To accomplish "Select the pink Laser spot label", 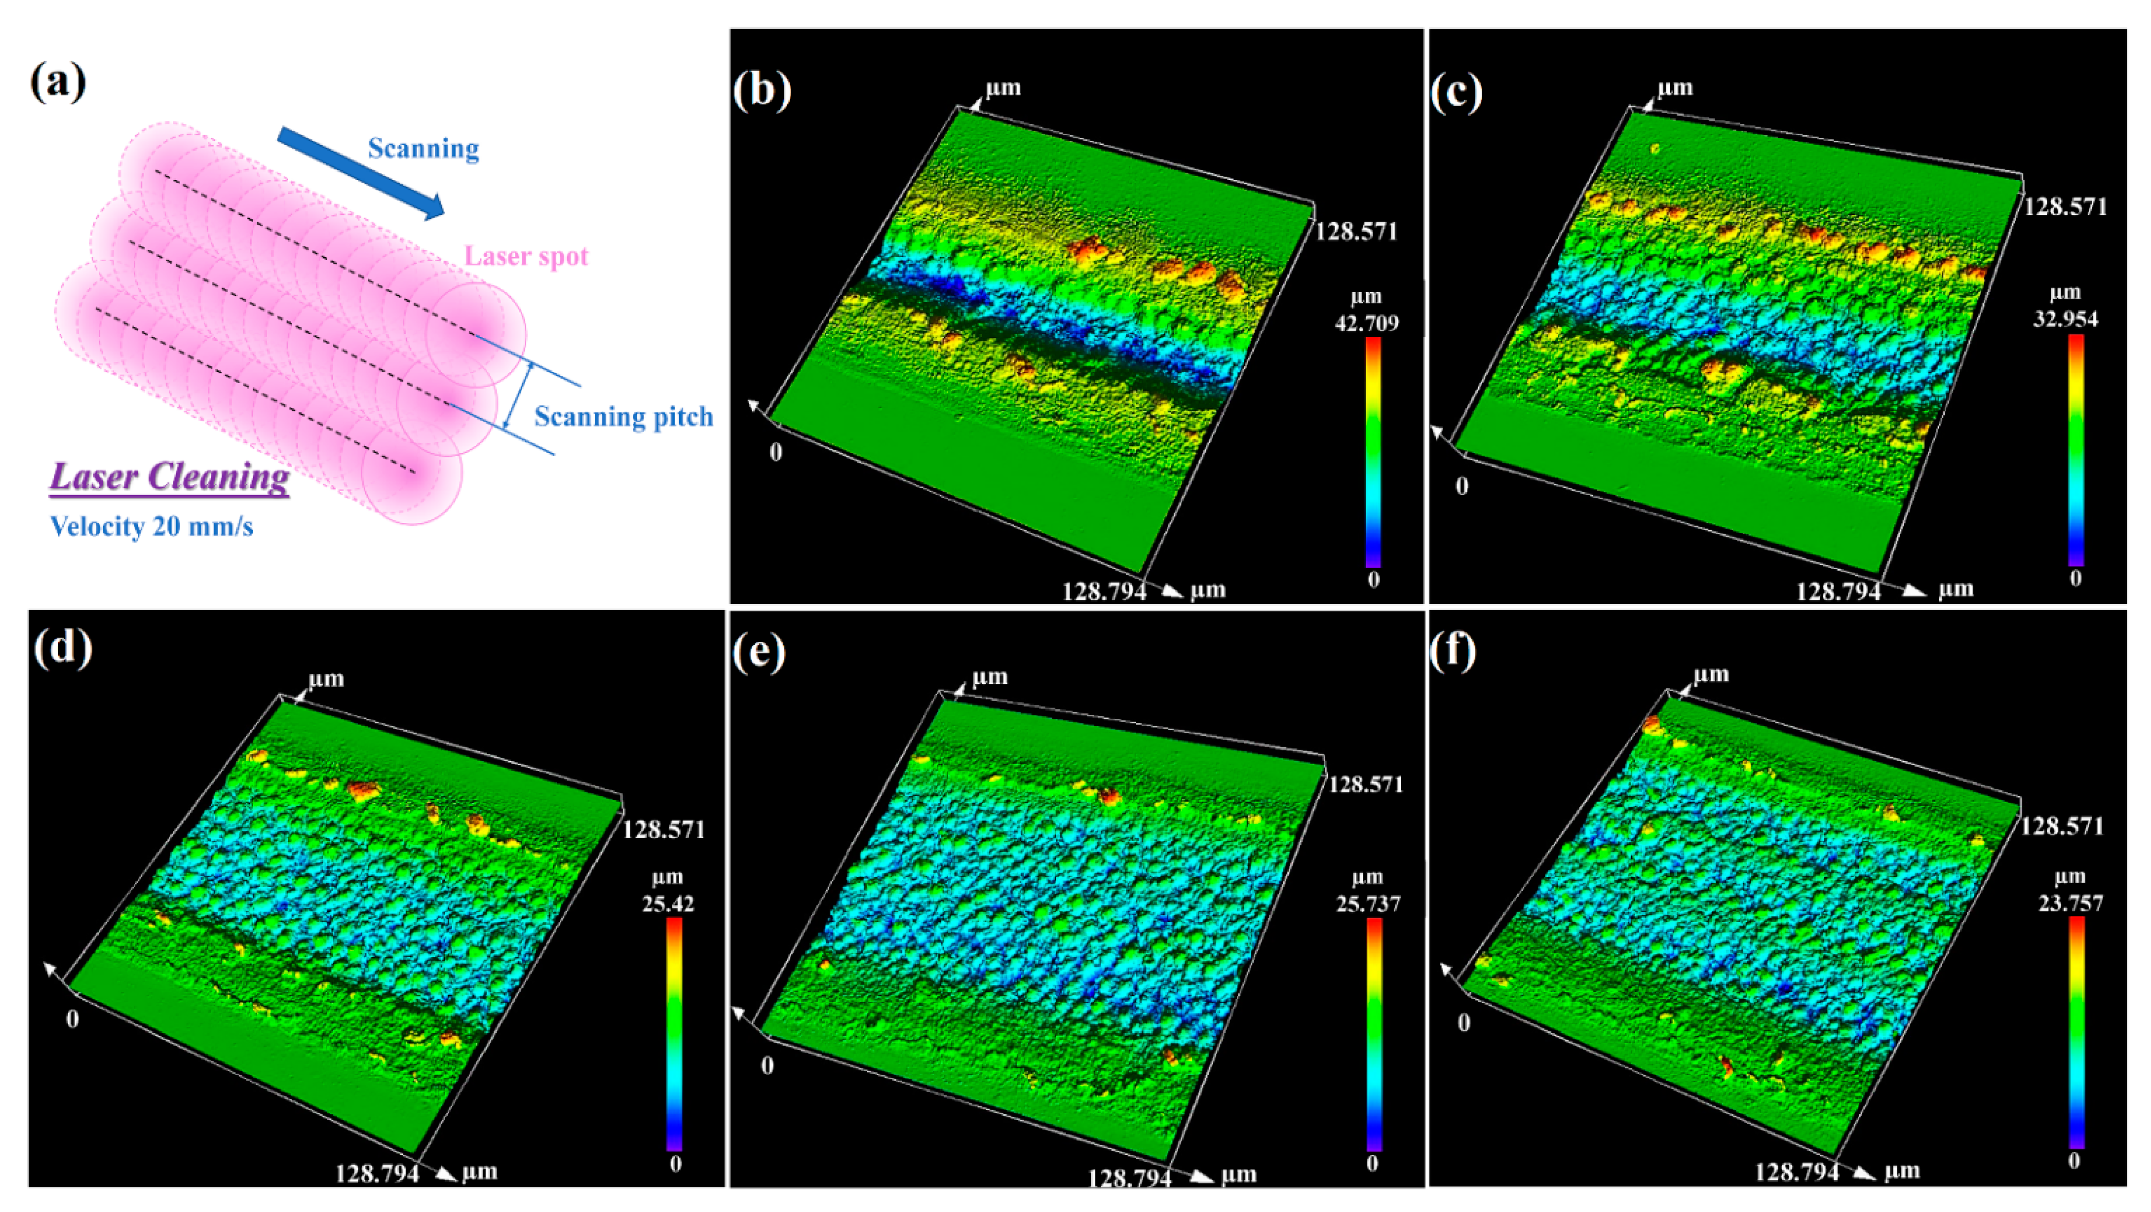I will (x=526, y=256).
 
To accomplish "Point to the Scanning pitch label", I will (x=624, y=417).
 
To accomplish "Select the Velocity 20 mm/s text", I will (x=151, y=527).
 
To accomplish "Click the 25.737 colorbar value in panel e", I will (x=1368, y=904).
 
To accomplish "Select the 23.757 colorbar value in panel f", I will (x=2070, y=903).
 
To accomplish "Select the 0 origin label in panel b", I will (x=776, y=453).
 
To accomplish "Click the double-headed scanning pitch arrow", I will (x=518, y=395).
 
